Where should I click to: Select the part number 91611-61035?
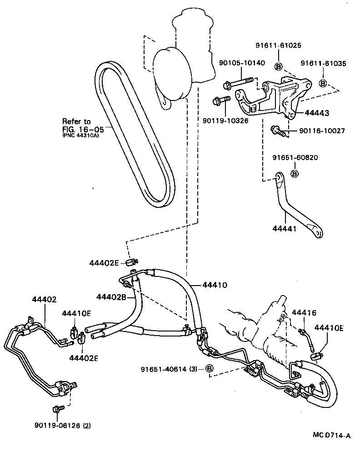click(323, 64)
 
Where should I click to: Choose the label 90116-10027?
click(322, 131)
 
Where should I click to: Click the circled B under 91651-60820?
click(294, 174)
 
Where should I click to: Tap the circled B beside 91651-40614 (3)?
click(210, 368)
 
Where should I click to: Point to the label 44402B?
click(110, 297)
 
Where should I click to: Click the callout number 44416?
click(303, 313)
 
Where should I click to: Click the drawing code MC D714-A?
click(331, 436)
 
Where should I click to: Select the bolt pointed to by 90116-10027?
click(278, 131)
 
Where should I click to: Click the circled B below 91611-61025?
click(279, 66)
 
